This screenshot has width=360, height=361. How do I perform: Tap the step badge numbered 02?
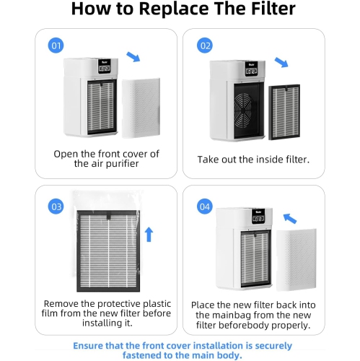tap(206, 45)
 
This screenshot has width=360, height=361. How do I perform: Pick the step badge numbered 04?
tap(205, 207)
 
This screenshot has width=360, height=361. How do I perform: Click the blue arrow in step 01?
tap(133, 56)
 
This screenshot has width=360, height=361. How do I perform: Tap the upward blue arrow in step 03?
tap(149, 234)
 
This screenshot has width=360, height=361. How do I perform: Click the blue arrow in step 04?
tap(291, 217)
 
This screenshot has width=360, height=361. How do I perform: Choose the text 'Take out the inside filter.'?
tap(253, 158)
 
